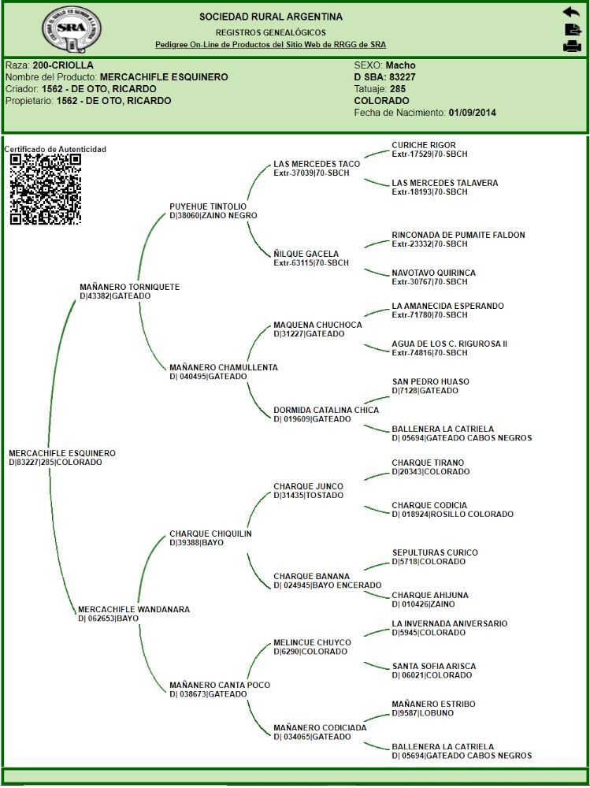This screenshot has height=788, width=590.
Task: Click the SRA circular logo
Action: (x=71, y=30)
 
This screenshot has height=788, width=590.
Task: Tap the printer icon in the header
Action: (x=572, y=46)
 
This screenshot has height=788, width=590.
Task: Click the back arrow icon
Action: (x=571, y=12)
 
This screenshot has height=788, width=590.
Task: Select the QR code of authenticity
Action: (x=45, y=189)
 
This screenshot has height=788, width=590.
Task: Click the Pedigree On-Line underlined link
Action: (x=270, y=44)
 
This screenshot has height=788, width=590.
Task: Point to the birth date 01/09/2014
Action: (x=472, y=113)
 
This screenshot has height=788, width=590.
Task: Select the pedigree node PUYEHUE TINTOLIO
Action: (x=208, y=206)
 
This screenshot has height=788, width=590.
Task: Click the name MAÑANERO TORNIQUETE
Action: (x=130, y=287)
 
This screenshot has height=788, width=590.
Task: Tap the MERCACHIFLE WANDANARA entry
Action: (x=134, y=609)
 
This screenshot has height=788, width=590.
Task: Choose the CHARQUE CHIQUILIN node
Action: (x=210, y=533)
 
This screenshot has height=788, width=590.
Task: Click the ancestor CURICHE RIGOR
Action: (x=424, y=145)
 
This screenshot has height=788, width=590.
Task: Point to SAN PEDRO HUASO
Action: (x=430, y=382)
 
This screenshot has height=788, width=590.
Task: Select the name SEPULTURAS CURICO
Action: (x=435, y=553)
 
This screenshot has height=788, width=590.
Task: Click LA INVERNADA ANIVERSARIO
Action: (x=450, y=623)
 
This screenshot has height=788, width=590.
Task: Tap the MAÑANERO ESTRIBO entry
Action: (x=434, y=704)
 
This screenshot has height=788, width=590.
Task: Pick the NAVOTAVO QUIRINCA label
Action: (x=434, y=273)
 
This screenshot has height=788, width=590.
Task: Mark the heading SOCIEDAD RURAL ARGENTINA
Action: (x=271, y=17)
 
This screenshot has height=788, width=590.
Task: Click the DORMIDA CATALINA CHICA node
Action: (x=326, y=410)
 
